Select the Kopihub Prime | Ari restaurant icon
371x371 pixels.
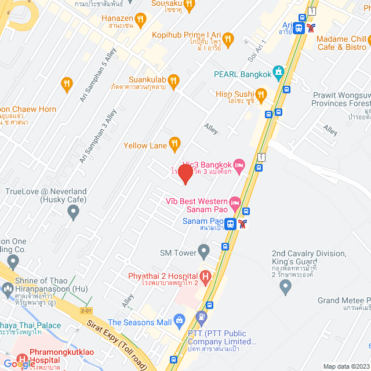click(x=228, y=39)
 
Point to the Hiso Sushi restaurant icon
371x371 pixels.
click(x=261, y=94)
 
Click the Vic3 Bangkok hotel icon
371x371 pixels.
click(x=241, y=166)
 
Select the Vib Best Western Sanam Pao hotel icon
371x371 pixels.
click(x=235, y=202)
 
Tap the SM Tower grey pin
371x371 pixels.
click(x=203, y=251)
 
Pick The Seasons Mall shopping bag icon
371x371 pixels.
click(x=179, y=319)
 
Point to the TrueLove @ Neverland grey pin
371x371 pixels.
click(x=74, y=213)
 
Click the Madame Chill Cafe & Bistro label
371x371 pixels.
click(x=341, y=43)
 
